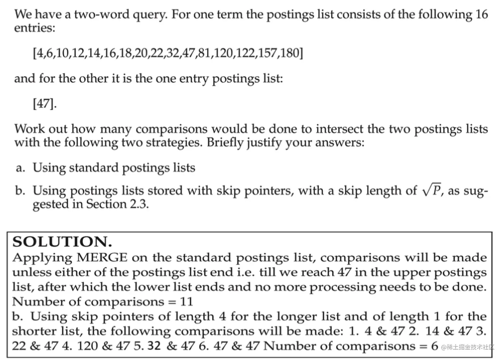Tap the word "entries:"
(34, 28)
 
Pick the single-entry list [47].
(45, 104)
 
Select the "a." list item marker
(21, 168)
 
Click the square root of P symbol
(432, 191)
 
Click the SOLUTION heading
(62, 242)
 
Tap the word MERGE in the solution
(102, 258)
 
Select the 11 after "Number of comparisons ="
(187, 302)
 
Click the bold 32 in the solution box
(154, 346)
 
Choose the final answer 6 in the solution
(434, 346)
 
